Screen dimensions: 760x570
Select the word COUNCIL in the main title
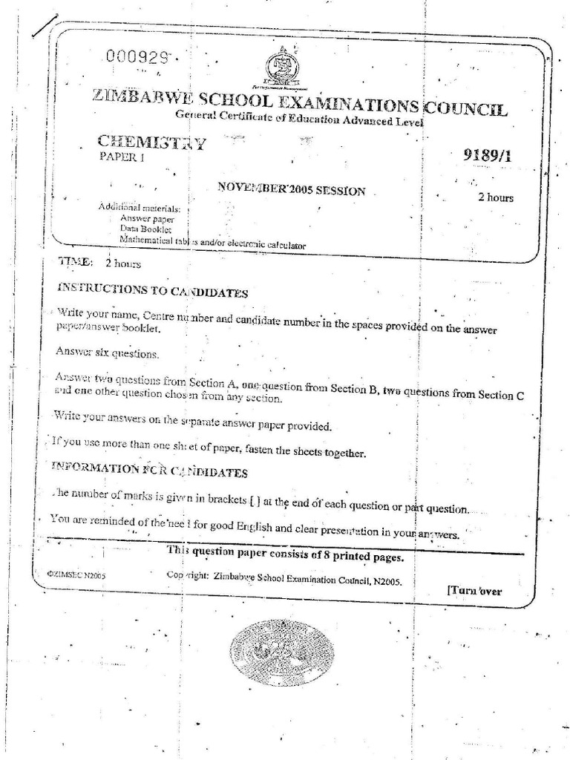[x=466, y=109]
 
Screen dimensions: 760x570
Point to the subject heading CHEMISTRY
[x=152, y=142]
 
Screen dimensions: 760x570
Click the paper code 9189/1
[x=487, y=155]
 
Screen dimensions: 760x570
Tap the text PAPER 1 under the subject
[x=122, y=157]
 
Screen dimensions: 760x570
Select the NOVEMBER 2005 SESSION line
[x=291, y=189]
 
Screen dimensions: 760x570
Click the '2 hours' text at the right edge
[x=495, y=197]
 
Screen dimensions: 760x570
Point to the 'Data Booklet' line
[x=146, y=230]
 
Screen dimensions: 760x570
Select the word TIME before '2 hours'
[x=75, y=262]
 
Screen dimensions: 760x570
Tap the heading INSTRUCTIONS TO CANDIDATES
[x=152, y=289]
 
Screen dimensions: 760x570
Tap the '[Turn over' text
[x=475, y=591]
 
